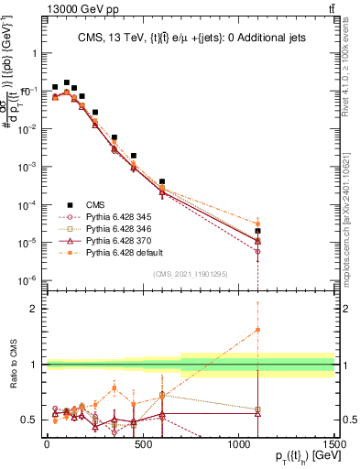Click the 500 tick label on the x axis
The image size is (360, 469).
(x=143, y=444)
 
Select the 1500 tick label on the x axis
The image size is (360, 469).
(x=334, y=444)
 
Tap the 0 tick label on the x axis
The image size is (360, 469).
(x=47, y=444)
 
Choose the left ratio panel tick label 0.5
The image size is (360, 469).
(x=27, y=420)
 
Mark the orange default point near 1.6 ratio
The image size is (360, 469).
(x=258, y=330)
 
